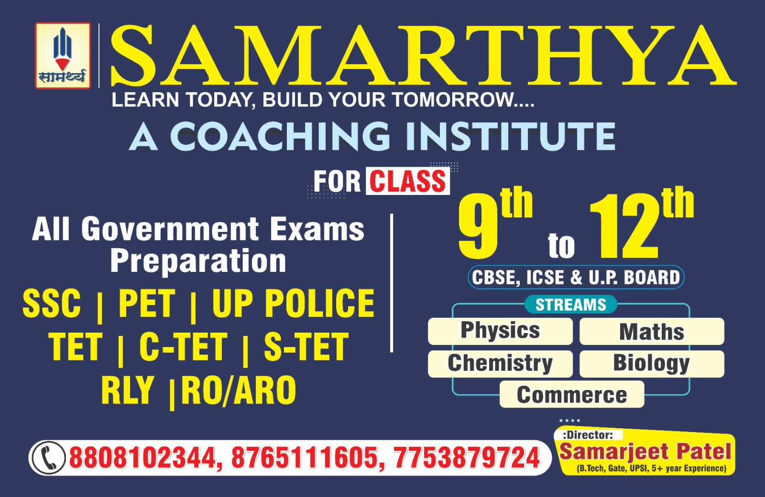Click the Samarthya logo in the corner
click(63, 55)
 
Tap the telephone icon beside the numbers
click(48, 458)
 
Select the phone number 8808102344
click(143, 458)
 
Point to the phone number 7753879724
click(467, 458)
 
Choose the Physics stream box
click(500, 331)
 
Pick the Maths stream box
click(652, 331)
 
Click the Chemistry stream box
click(500, 364)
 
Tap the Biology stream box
click(652, 364)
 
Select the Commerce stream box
click(572, 395)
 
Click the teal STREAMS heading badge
click(571, 304)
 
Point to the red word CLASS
click(408, 181)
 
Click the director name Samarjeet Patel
click(645, 452)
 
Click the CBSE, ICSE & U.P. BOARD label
click(576, 277)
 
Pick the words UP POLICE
click(293, 303)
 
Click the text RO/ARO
click(239, 390)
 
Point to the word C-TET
click(183, 346)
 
